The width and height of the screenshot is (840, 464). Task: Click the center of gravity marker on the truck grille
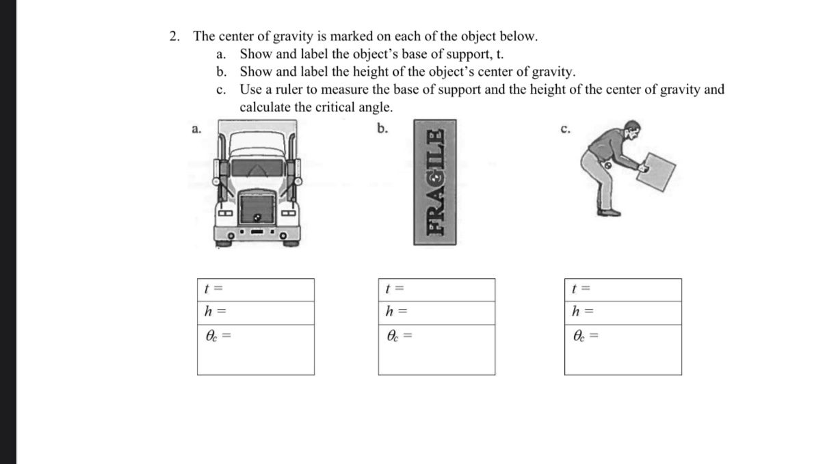tap(257, 217)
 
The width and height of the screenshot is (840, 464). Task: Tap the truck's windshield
tap(257, 168)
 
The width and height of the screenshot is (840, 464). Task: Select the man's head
tap(633, 130)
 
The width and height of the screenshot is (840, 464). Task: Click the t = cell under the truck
tap(256, 290)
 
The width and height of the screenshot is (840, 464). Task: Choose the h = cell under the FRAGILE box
tap(436, 312)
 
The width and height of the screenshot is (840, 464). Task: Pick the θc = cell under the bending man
tap(622, 349)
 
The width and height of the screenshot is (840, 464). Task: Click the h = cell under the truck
tap(256, 312)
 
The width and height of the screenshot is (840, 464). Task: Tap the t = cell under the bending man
tap(622, 290)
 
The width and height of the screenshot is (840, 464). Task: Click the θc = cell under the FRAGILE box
tap(436, 349)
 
